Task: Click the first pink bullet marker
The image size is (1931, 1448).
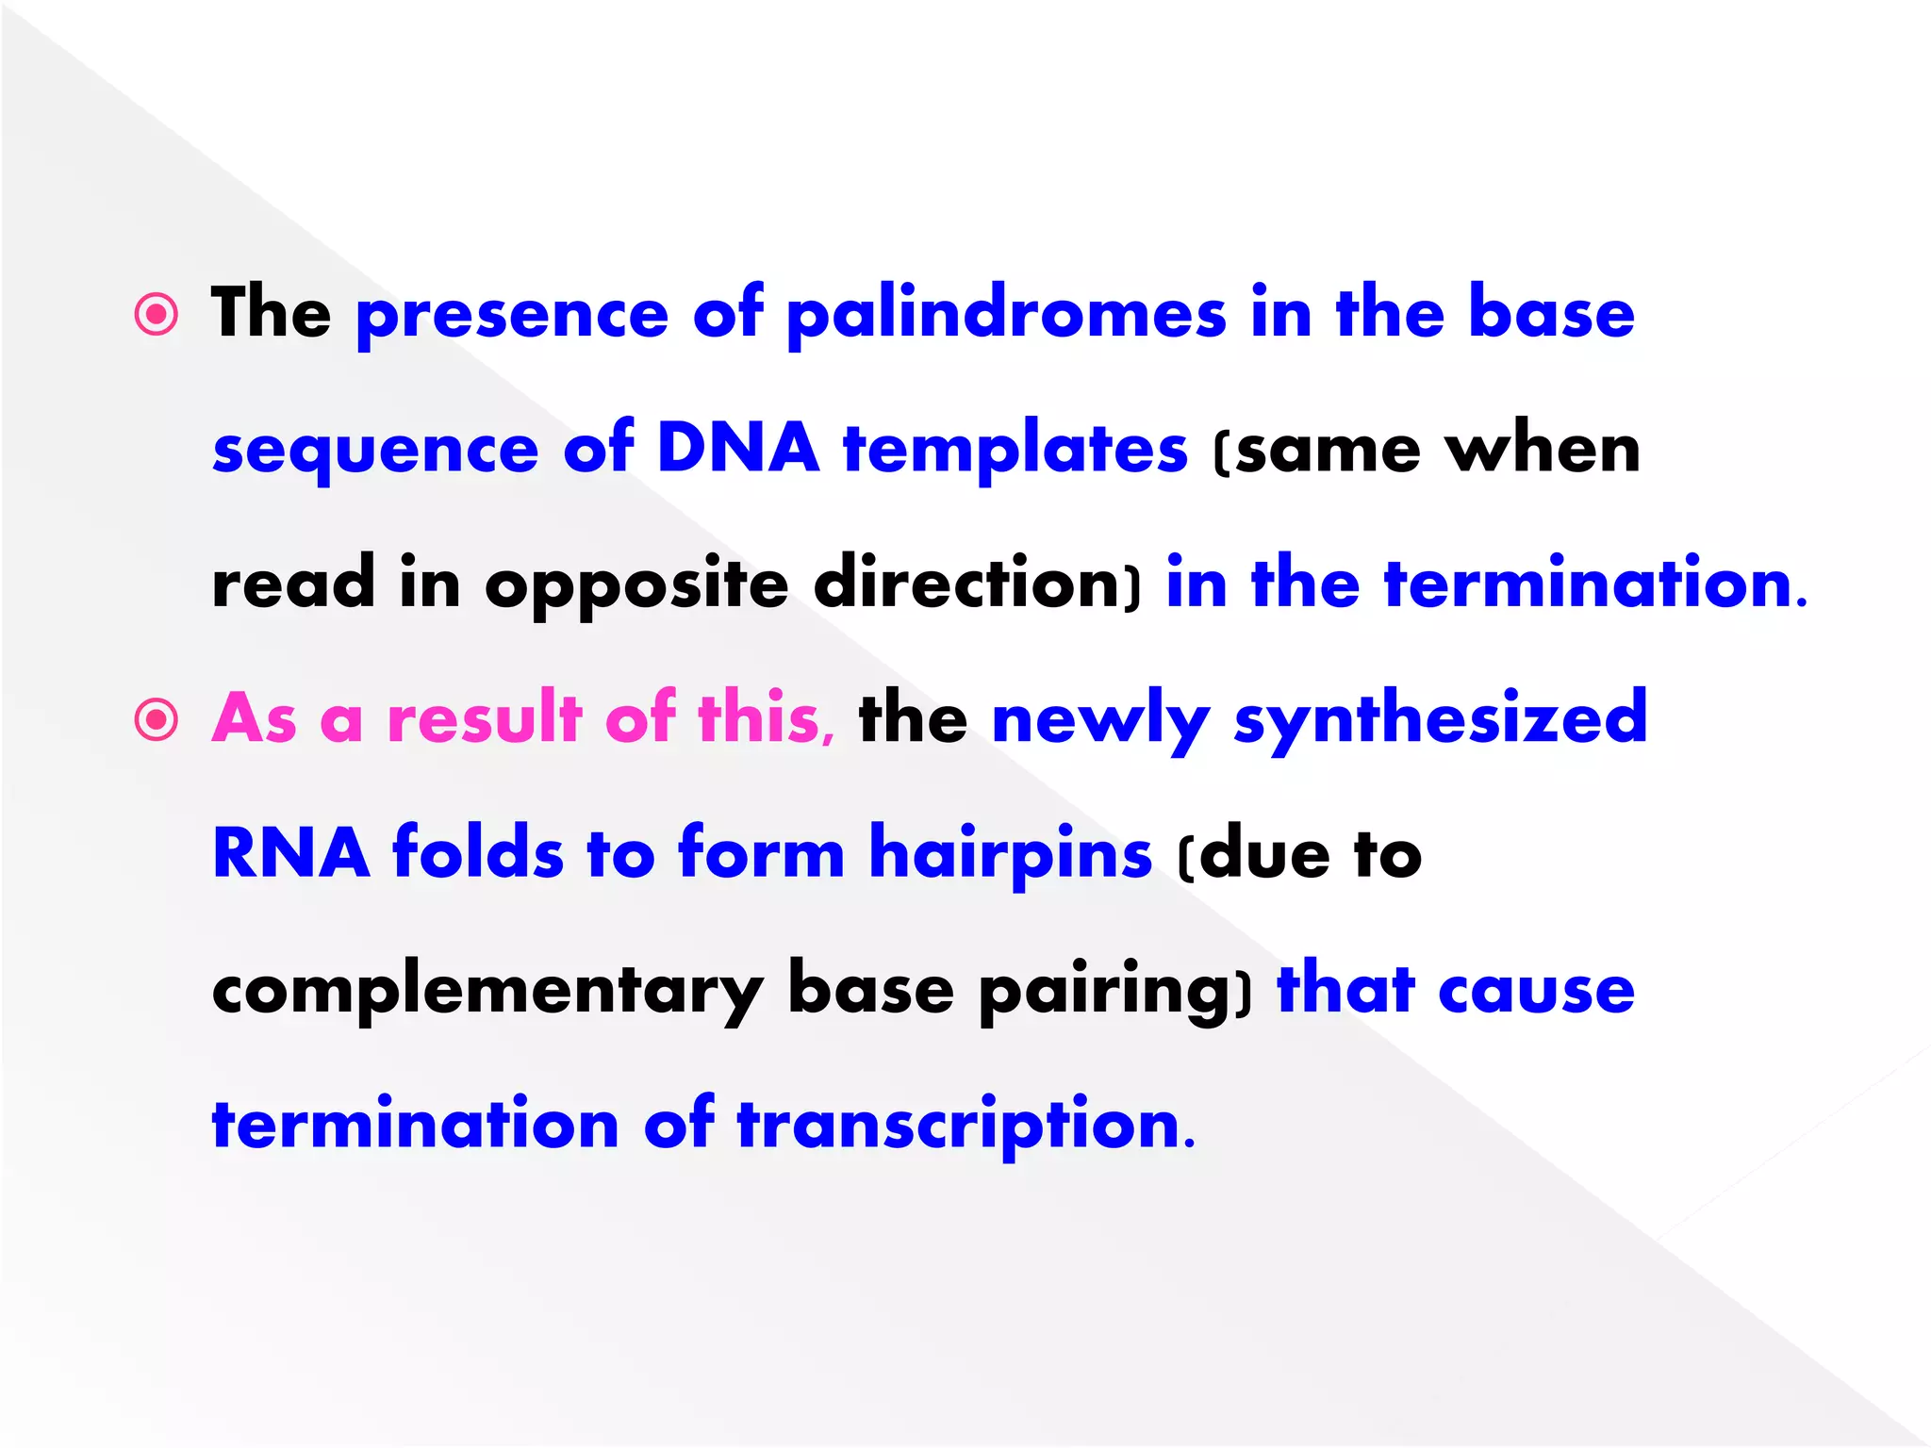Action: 157,315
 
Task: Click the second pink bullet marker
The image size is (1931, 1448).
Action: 157,720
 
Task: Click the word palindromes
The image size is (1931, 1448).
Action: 1006,315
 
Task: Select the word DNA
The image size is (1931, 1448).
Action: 737,448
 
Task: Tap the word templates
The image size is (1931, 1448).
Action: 1015,448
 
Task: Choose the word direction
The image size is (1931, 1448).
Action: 977,584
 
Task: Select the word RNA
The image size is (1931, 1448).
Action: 290,853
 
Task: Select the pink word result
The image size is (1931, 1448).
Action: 485,718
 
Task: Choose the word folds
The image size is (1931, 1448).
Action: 478,853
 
